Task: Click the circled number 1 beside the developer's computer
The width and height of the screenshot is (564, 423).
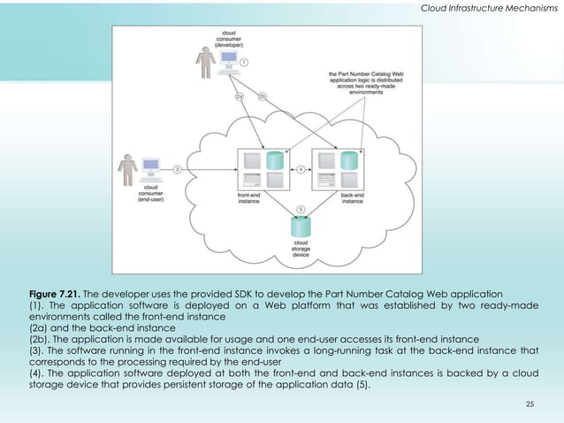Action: click(x=244, y=63)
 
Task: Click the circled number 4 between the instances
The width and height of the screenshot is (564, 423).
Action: click(x=301, y=168)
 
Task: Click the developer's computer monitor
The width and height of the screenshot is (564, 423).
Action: click(x=228, y=60)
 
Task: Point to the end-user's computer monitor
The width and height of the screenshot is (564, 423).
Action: click(x=150, y=165)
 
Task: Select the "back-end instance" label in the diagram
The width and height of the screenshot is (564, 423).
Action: click(x=353, y=199)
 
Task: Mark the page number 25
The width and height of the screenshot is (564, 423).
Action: click(x=530, y=404)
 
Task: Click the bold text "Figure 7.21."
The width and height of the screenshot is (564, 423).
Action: click(x=57, y=291)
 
